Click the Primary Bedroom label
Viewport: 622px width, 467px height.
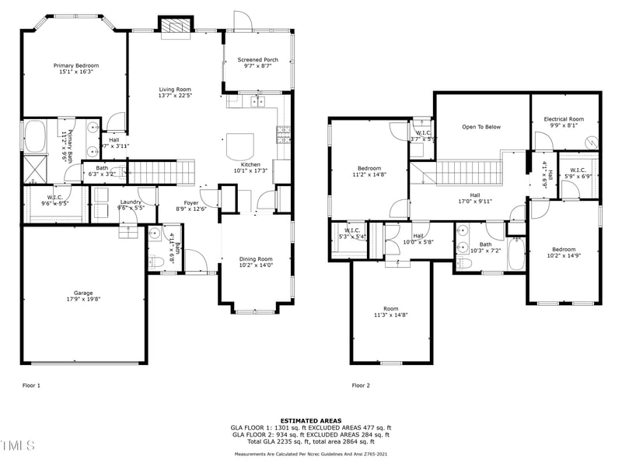[x=73, y=65]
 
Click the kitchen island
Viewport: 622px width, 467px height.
[x=240, y=146]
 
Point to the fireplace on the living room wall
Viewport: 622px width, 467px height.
[x=176, y=26]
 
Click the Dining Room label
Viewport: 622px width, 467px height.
[x=255, y=259]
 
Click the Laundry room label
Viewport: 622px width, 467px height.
[x=130, y=202]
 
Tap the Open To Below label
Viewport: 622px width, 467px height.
[x=481, y=126]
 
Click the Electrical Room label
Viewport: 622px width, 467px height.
[x=564, y=119]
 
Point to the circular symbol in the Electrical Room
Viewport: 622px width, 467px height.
[x=591, y=142]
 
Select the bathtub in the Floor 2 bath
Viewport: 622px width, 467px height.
[x=516, y=254]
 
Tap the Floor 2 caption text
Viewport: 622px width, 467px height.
[x=361, y=385]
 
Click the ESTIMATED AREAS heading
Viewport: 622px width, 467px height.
[x=310, y=420]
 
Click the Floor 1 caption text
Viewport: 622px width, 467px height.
[x=31, y=385]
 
